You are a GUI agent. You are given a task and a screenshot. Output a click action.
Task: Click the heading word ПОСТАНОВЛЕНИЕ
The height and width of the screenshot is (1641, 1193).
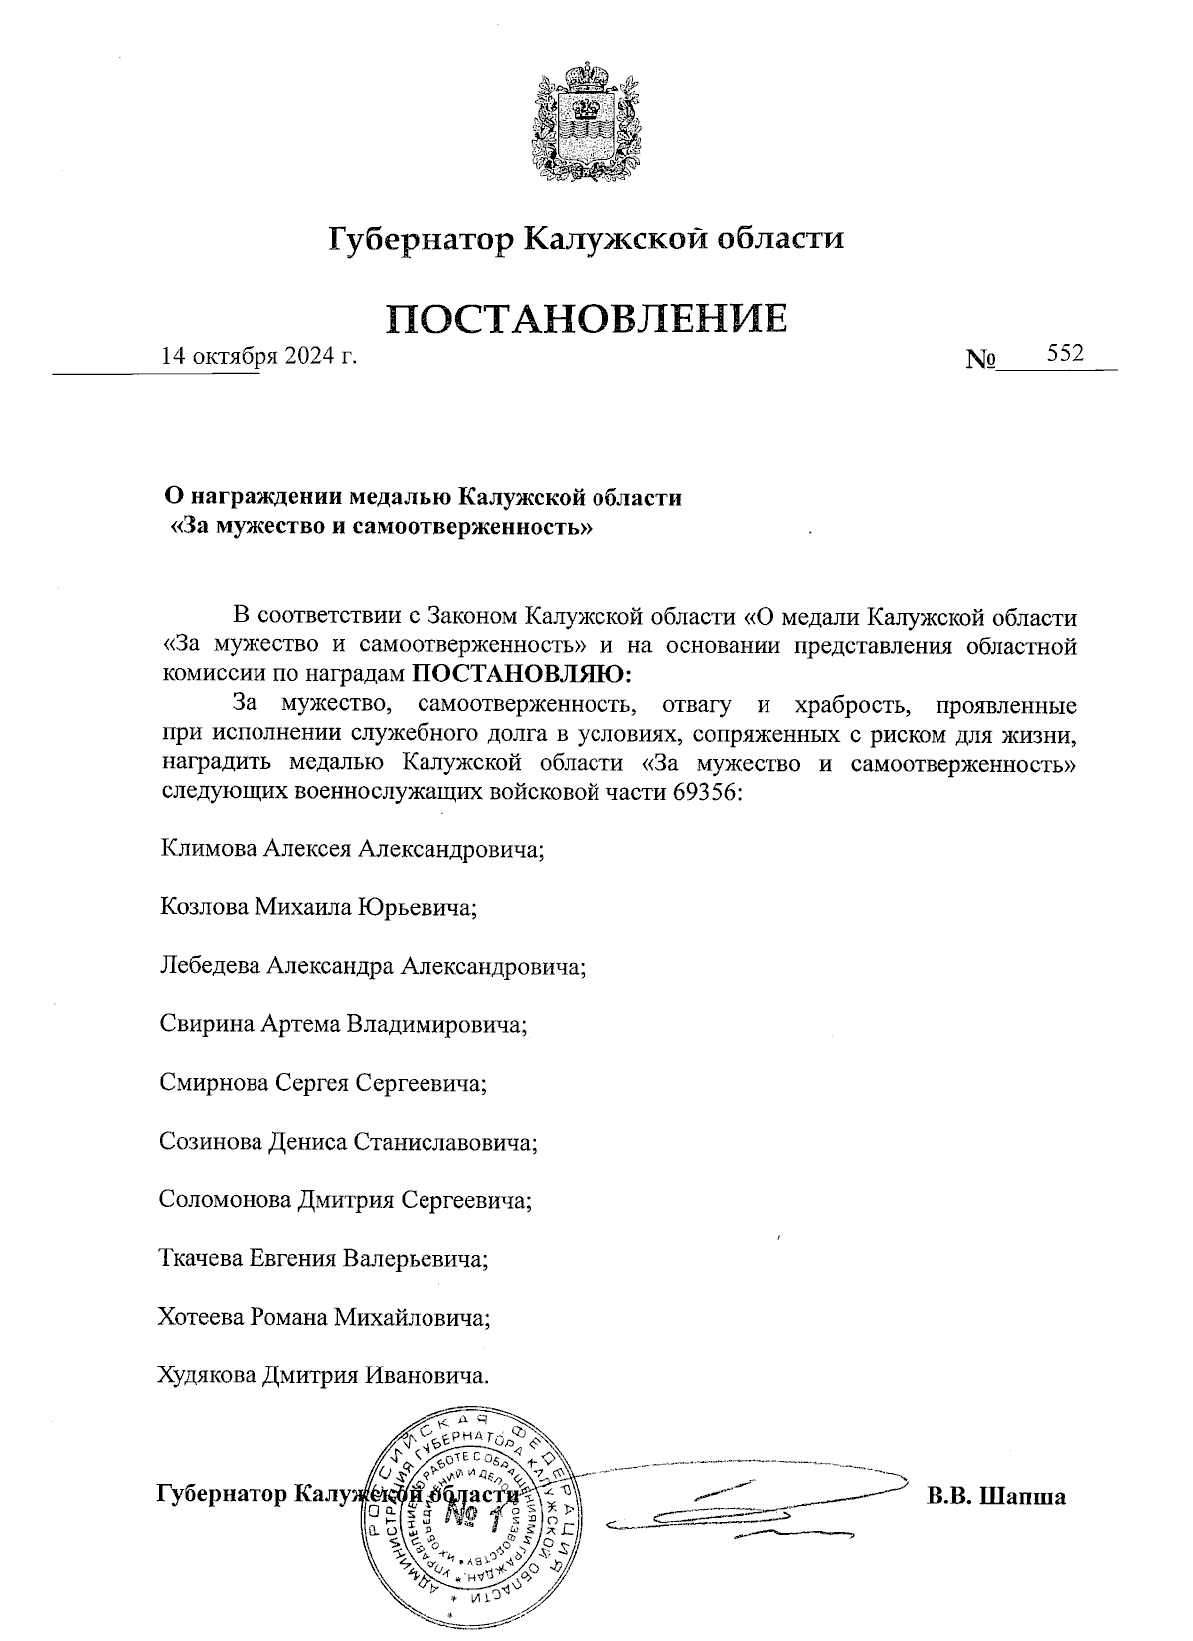point(587,318)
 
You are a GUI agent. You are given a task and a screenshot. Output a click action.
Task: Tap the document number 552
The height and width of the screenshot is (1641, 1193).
point(1064,354)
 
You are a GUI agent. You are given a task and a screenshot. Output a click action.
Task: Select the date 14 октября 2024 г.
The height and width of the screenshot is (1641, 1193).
point(258,356)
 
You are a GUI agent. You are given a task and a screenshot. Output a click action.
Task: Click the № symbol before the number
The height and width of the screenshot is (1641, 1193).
point(980,358)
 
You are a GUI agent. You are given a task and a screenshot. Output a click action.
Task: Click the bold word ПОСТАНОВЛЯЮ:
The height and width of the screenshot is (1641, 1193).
point(522,673)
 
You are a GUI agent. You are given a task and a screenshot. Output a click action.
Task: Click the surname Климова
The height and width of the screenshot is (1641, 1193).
point(209,850)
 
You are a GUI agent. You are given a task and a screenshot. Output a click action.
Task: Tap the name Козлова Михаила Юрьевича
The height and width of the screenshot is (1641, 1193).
point(318,908)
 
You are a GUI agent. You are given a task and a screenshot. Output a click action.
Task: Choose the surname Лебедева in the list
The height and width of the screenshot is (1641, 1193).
point(210,966)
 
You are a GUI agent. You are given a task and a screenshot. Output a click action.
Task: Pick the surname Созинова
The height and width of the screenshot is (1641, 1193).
point(212,1142)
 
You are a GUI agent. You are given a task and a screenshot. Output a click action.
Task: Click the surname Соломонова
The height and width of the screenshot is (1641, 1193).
point(226,1200)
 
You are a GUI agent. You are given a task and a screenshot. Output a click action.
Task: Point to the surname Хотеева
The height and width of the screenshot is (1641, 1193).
point(202,1318)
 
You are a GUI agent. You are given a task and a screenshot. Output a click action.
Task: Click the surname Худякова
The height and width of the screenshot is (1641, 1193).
point(207,1376)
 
